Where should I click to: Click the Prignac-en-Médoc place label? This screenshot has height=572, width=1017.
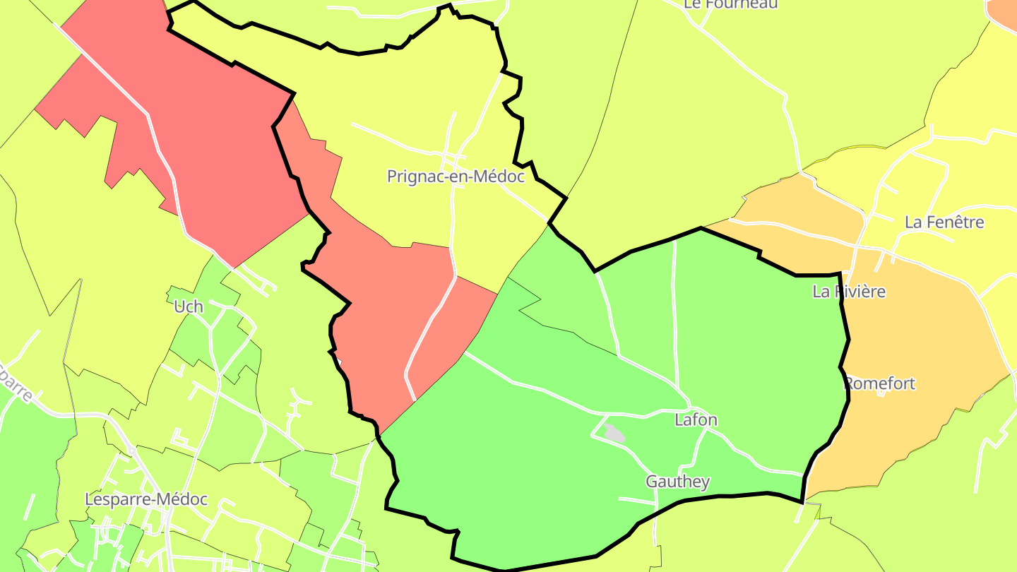tap(456, 177)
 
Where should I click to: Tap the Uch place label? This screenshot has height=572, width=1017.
tap(189, 306)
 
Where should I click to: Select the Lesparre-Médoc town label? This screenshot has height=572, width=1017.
tap(146, 499)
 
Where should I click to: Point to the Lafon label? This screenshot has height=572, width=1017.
tap(696, 420)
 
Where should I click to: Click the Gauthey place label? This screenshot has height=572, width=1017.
tap(677, 482)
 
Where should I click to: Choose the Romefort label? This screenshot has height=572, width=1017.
tap(880, 383)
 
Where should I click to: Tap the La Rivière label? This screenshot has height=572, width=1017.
tap(849, 292)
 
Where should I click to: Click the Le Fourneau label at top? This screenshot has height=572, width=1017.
tap(731, 4)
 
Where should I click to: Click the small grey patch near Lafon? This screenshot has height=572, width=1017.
tap(614, 434)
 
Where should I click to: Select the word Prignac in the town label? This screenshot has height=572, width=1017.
tap(412, 177)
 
